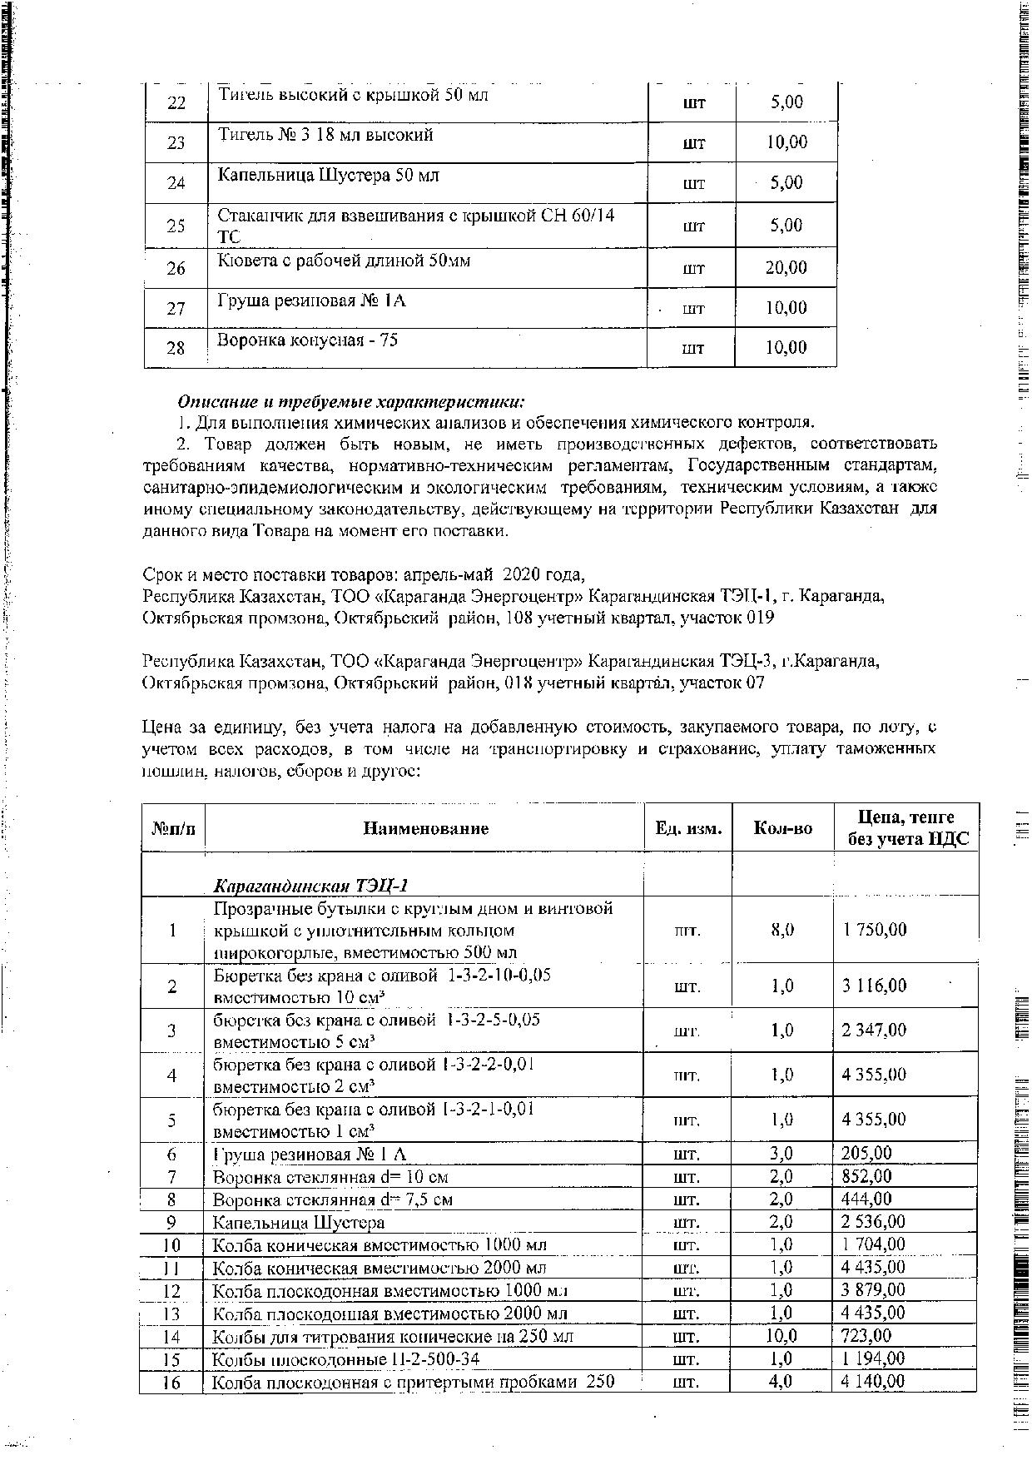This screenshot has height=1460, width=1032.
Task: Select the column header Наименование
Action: pos(425,828)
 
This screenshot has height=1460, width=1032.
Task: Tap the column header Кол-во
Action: pos(782,828)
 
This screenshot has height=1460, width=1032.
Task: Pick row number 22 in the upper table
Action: pos(176,102)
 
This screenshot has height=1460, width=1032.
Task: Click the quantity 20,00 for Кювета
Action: pos(786,268)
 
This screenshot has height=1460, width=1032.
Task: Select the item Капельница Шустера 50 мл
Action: pos(329,176)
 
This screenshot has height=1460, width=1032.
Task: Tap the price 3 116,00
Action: pos(874,986)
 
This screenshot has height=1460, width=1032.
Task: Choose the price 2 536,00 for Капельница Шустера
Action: pos(874,1222)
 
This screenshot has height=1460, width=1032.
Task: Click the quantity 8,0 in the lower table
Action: pos(782,930)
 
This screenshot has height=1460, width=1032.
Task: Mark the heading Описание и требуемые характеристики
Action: pos(350,402)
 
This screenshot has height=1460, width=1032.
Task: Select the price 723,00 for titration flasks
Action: pos(866,1336)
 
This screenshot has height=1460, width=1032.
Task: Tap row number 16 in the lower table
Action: pos(171,1382)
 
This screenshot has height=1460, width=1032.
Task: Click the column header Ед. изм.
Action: pos(688,828)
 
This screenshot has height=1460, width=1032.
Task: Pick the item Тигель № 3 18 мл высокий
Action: pos(325,135)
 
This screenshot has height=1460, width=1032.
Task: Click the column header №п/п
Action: pos(174,828)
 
